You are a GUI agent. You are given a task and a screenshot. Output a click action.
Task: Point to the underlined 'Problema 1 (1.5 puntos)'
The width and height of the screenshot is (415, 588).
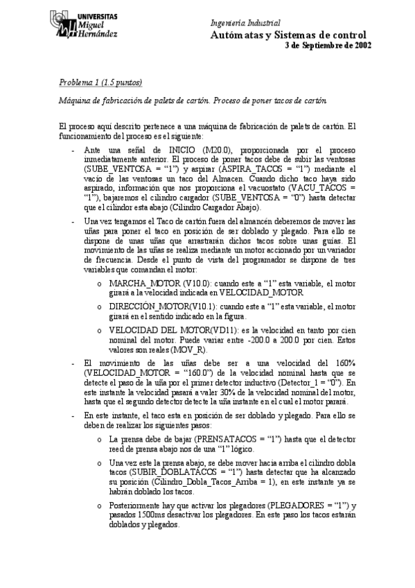(x=100, y=83)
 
